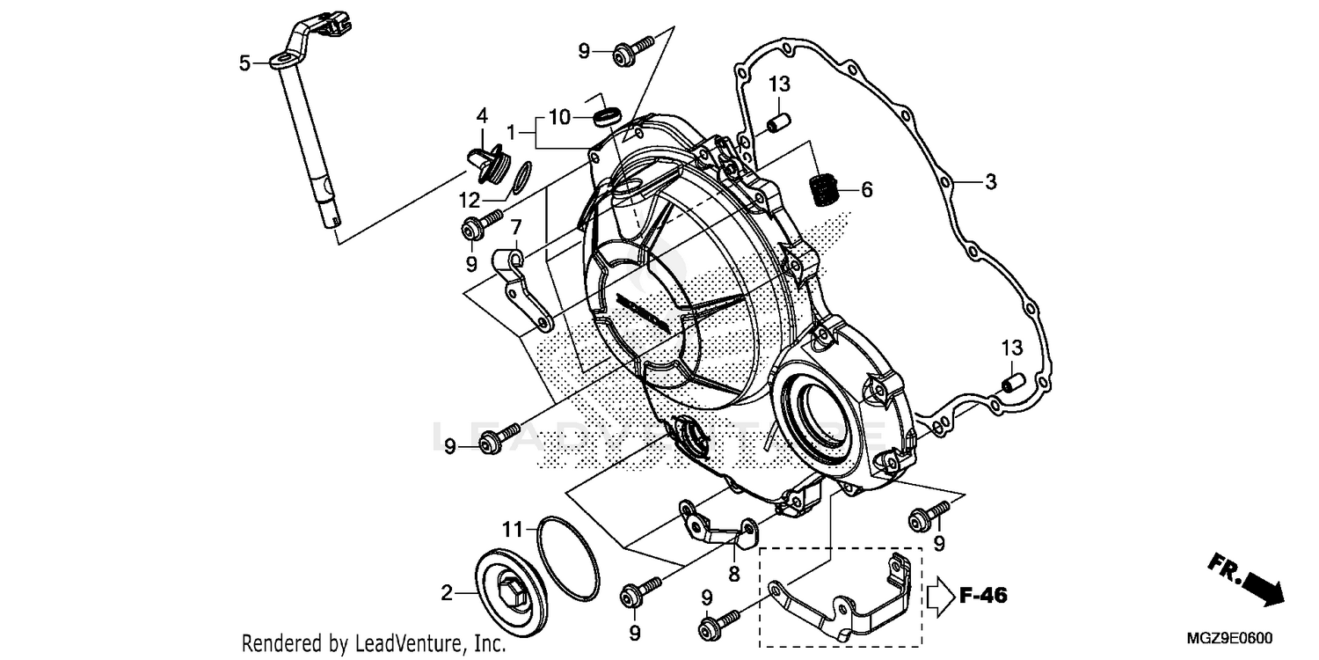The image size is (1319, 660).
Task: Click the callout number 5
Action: (x=244, y=62)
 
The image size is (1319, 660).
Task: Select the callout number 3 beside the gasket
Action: (x=990, y=182)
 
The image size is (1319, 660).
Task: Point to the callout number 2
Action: (x=447, y=594)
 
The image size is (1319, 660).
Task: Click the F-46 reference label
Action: (x=982, y=596)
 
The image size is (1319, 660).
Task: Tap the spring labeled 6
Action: (x=821, y=189)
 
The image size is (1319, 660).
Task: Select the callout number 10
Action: (x=560, y=116)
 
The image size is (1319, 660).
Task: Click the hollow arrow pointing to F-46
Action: (x=937, y=596)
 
